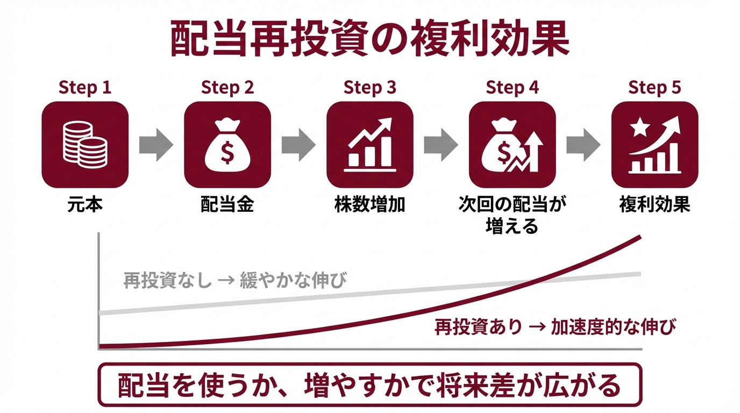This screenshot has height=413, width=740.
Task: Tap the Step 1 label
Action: pyautogui.click(x=85, y=88)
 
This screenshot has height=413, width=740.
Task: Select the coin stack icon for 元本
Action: pyautogui.click(x=85, y=144)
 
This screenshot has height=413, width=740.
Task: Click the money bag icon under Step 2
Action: pyautogui.click(x=227, y=144)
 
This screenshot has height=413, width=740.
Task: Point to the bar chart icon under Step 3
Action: pyautogui.click(x=370, y=144)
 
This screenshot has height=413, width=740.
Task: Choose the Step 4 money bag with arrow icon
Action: pyautogui.click(x=513, y=144)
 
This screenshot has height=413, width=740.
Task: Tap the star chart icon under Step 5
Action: pyautogui.click(x=655, y=144)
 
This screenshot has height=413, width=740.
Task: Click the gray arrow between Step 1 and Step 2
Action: pyautogui.click(x=156, y=144)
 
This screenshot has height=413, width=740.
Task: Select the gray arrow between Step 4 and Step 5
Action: pyautogui.click(x=584, y=144)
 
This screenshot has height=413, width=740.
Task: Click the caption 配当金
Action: pyautogui.click(x=227, y=205)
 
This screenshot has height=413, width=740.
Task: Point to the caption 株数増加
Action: pyautogui.click(x=370, y=205)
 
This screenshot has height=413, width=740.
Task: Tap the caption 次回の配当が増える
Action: pyautogui.click(x=513, y=215)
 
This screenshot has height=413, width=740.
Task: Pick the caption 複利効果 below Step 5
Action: pyautogui.click(x=655, y=205)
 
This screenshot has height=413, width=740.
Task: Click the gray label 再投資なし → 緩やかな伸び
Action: pyautogui.click(x=234, y=280)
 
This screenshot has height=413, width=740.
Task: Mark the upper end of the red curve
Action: pyautogui.click(x=639, y=237)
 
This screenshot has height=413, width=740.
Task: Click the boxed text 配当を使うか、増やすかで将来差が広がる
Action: pyautogui.click(x=369, y=385)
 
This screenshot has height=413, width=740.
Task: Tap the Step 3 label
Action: pyautogui.click(x=370, y=88)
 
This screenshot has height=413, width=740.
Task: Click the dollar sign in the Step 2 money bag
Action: pyautogui.click(x=227, y=153)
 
